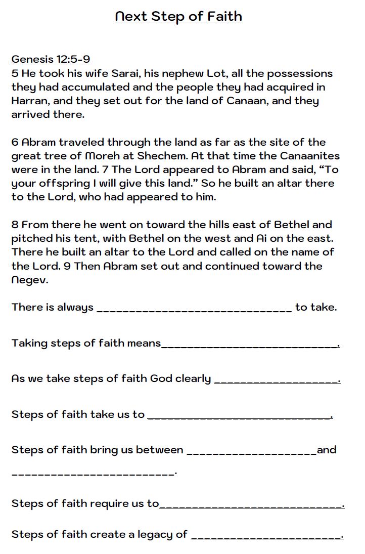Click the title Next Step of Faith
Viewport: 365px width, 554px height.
point(178,17)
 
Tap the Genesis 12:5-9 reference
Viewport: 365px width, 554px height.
point(51,59)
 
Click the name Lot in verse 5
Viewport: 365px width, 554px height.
point(216,73)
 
